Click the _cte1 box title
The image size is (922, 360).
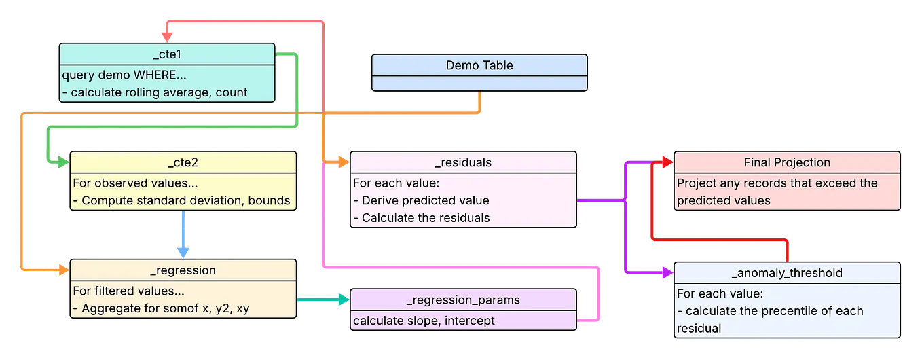pyautogui.click(x=167, y=54)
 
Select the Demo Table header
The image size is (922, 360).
pyautogui.click(x=479, y=65)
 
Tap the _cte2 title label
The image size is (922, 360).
pyautogui.click(x=183, y=163)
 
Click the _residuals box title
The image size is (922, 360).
pyautogui.click(x=462, y=163)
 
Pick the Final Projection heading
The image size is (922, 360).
pyautogui.click(x=787, y=162)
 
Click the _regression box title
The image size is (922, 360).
pyautogui.click(x=183, y=270)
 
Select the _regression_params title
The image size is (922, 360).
pyautogui.click(x=462, y=300)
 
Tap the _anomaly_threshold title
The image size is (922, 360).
pyautogui.click(x=787, y=273)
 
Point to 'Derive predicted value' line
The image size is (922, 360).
pyautogui.click(x=425, y=200)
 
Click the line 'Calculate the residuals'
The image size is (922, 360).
pyautogui.click(x=426, y=218)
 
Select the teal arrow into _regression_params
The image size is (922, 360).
pyautogui.click(x=319, y=298)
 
